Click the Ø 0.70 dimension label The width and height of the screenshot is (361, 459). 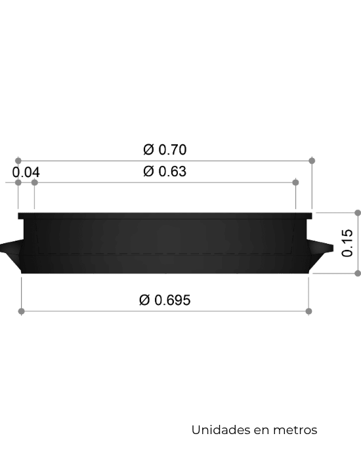[165, 150]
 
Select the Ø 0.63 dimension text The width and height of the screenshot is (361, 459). [165, 171]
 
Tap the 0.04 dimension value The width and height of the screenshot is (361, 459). [26, 172]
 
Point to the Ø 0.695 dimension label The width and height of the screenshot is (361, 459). [165, 300]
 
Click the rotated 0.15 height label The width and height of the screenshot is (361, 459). [347, 243]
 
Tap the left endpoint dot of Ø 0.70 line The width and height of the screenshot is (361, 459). [18, 161]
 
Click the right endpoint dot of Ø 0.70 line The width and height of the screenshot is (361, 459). [312, 161]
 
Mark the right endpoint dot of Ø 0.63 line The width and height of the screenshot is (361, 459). [295, 183]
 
